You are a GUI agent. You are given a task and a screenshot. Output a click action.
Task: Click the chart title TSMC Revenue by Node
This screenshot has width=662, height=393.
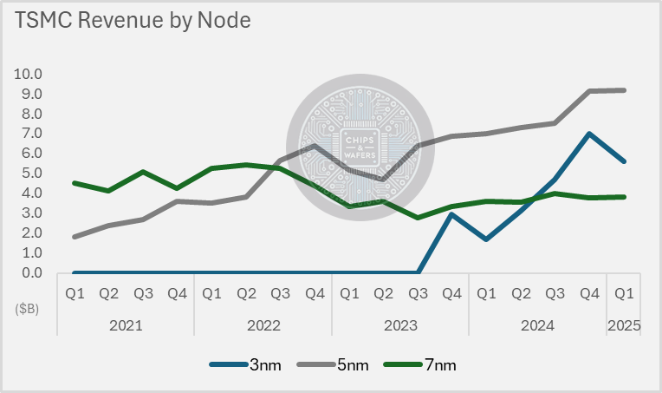131,21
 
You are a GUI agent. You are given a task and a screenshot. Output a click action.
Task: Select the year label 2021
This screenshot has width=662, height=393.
126,326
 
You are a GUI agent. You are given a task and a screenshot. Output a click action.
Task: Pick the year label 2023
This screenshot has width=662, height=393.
400,326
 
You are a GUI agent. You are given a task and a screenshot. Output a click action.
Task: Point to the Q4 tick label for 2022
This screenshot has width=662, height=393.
315,293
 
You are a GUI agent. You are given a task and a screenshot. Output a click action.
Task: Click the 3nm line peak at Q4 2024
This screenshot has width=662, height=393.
590,134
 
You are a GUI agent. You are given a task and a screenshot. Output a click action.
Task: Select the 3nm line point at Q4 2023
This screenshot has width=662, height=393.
451,214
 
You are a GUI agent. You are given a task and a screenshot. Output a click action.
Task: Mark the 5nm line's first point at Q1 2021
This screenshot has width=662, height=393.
75,237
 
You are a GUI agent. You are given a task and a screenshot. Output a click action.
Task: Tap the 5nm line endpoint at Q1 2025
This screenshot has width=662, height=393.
625,90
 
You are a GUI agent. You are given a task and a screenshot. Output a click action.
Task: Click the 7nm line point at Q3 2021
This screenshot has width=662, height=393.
143,172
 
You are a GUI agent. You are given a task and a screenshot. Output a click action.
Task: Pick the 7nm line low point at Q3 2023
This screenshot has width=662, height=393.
418,218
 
